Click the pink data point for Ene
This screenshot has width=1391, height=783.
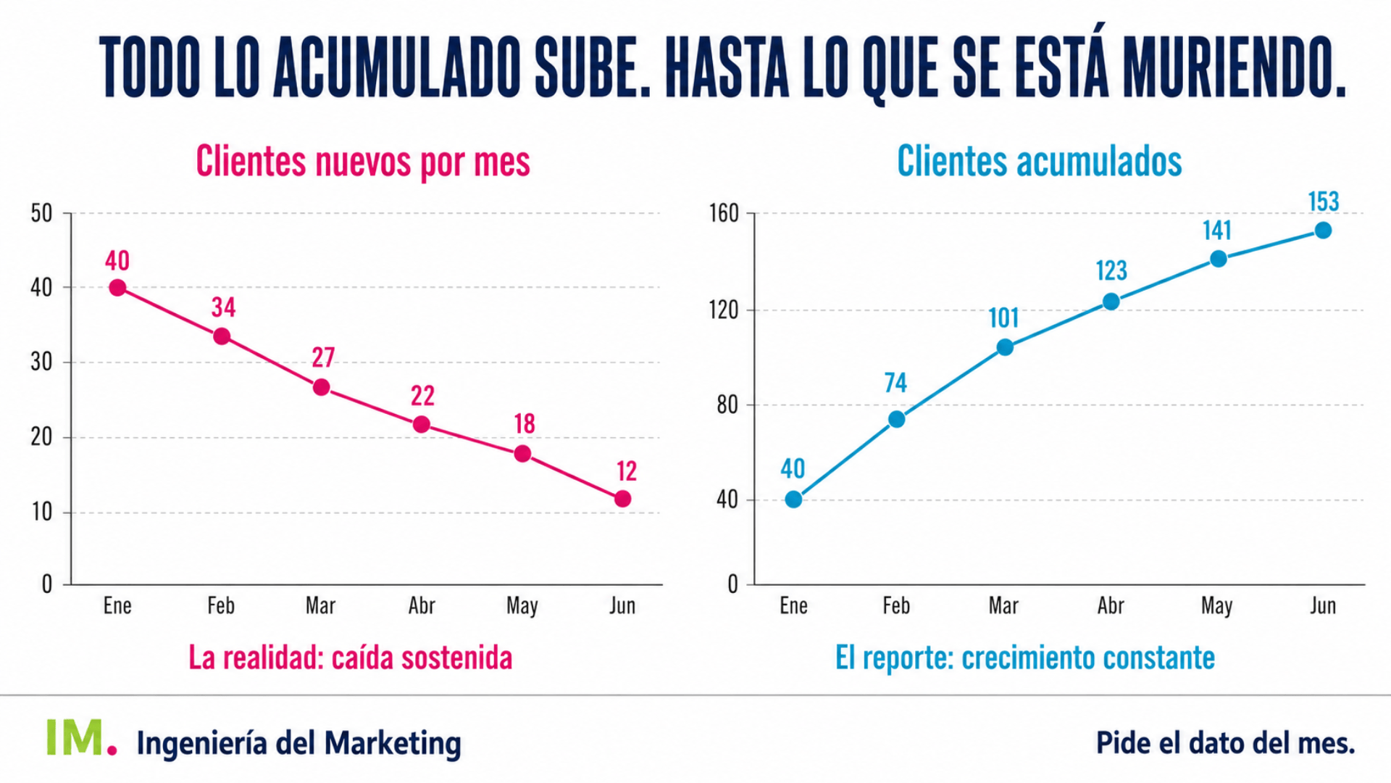tap(117, 288)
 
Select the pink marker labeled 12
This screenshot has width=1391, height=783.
tap(622, 499)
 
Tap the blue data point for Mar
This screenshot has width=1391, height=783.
tap(1005, 347)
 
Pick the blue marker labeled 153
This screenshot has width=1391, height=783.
tap(1323, 231)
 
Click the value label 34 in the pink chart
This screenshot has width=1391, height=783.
tap(223, 307)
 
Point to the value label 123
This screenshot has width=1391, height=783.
tap(1111, 270)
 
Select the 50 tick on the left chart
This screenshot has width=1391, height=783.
tap(41, 213)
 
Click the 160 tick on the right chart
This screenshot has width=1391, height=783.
tap(724, 213)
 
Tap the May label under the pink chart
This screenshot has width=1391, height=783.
tap(522, 606)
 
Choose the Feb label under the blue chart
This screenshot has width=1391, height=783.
tap(896, 605)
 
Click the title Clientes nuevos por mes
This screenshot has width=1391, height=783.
tap(363, 161)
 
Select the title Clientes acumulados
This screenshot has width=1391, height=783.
tap(1040, 161)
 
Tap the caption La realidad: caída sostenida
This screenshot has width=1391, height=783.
tap(351, 658)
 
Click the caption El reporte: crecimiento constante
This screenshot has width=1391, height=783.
tap(1025, 658)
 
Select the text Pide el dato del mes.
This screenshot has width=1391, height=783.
tap(1225, 742)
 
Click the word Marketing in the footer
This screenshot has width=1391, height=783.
tap(392, 744)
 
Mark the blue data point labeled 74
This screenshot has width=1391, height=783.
tap(896, 419)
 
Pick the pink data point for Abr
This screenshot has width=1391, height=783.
tap(421, 424)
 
